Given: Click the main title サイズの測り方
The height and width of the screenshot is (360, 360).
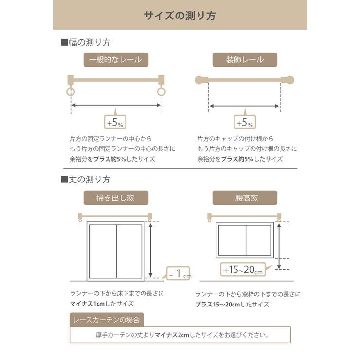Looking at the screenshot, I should click(180, 15).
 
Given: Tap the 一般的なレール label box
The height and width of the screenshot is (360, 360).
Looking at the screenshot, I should click(116, 60).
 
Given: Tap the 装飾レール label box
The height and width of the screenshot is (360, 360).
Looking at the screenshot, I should click(245, 60).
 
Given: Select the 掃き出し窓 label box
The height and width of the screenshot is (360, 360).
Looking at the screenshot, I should click(116, 198).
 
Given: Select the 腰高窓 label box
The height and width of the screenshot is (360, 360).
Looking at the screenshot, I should click(245, 198).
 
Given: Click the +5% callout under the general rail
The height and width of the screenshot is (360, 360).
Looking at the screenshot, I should click(116, 121).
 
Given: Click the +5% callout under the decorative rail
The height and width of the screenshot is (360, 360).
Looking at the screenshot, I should click(245, 121).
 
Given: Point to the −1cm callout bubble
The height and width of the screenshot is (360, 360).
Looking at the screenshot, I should click(179, 274).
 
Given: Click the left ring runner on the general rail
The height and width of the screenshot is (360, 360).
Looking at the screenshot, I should click(71, 91).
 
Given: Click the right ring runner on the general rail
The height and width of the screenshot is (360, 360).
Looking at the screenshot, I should click(162, 91).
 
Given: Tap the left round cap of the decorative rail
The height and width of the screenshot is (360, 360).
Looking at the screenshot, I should click(199, 80).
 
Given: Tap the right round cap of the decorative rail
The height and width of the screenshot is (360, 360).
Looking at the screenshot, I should click(290, 80).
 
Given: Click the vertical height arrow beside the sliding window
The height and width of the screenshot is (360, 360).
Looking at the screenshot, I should click(151, 250).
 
